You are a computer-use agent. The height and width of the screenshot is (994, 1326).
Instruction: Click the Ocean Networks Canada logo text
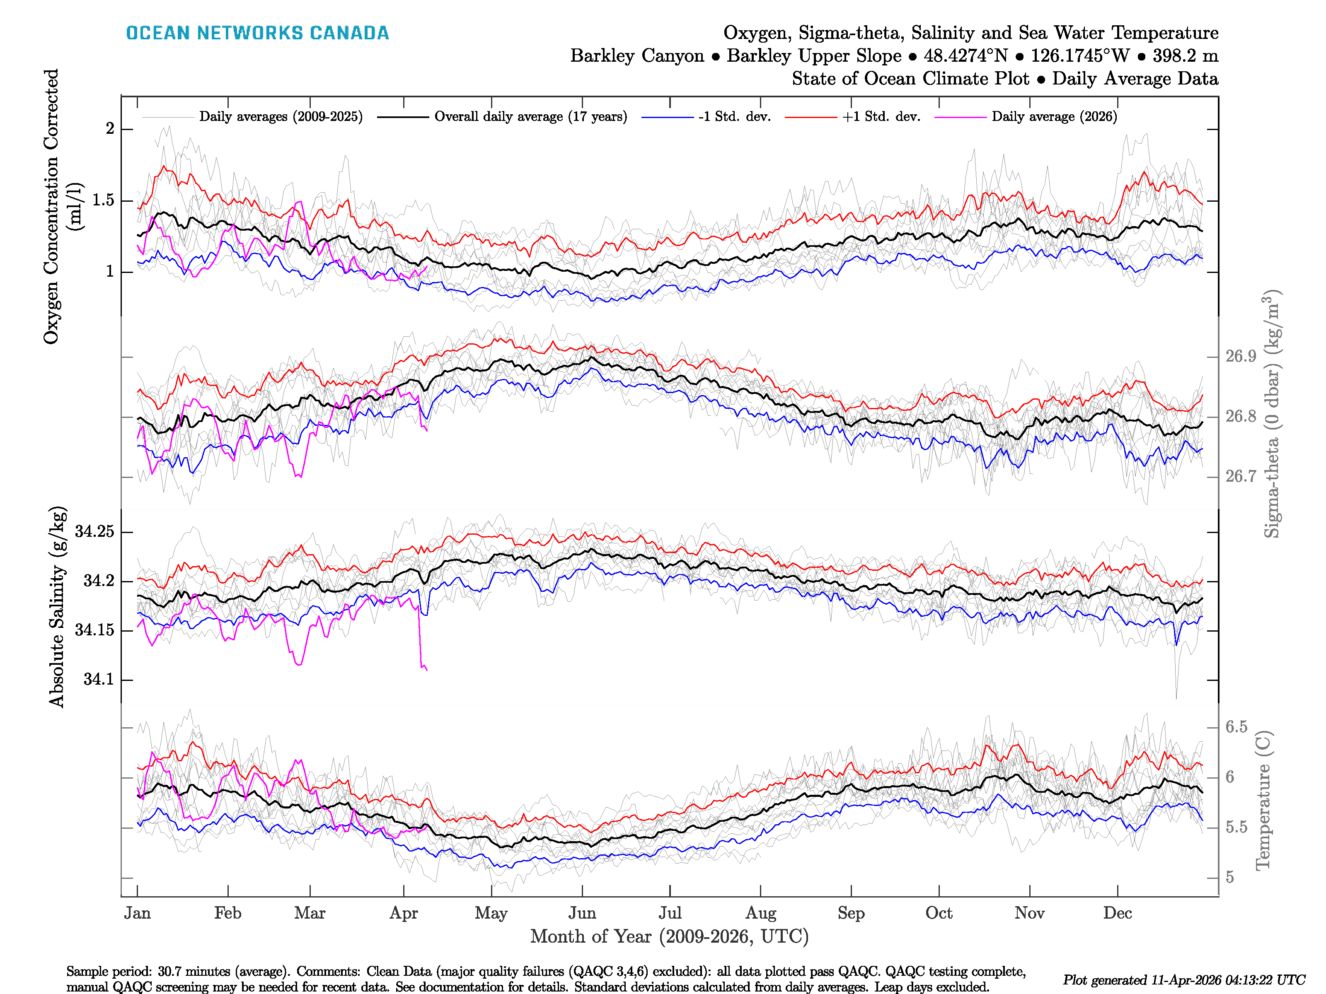(257, 33)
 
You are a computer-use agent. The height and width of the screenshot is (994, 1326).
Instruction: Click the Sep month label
(851, 913)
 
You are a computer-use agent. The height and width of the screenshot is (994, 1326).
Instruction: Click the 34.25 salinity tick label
(94, 531)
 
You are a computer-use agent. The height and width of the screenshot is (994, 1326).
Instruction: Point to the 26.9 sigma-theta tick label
(1240, 357)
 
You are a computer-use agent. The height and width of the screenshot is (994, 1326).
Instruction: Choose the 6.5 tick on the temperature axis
(1236, 727)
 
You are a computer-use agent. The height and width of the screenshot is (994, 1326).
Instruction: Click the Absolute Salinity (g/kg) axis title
(57, 607)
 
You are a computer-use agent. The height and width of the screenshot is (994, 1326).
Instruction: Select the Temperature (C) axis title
(1263, 801)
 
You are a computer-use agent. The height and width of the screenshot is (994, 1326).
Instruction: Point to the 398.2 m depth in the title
(1185, 56)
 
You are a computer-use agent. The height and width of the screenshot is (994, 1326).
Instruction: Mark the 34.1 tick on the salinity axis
(98, 680)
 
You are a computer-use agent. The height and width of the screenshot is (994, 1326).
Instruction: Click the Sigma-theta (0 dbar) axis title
(1271, 413)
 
